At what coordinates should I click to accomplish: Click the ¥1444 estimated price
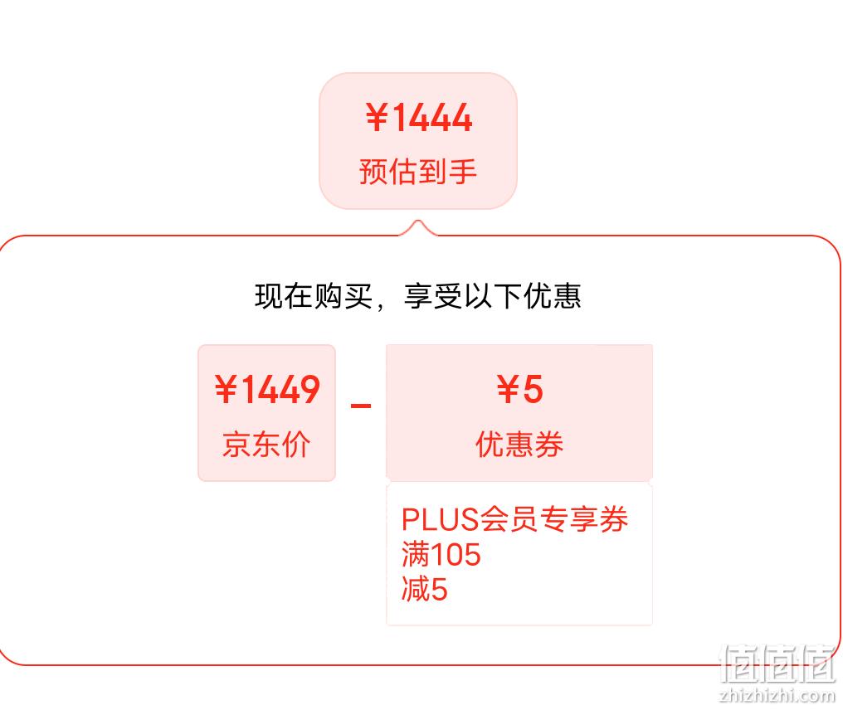pyautogui.click(x=419, y=118)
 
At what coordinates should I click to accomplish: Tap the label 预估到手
pyautogui.click(x=417, y=172)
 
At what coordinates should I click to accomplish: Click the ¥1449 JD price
pyautogui.click(x=266, y=389)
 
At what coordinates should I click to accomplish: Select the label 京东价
pyautogui.click(x=266, y=445)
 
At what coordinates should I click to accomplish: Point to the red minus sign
pyautogui.click(x=361, y=405)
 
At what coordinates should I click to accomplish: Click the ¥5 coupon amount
pyautogui.click(x=519, y=389)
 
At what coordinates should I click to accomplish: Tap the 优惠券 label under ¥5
pyautogui.click(x=519, y=445)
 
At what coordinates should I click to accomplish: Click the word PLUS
pyautogui.click(x=440, y=519)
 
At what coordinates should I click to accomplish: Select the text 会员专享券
pyautogui.click(x=553, y=519)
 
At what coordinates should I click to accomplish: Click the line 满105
pyautogui.click(x=441, y=554)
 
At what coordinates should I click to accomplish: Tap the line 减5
pyautogui.click(x=424, y=589)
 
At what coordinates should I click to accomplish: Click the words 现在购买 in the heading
pyautogui.click(x=314, y=296)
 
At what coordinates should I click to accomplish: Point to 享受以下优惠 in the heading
pyautogui.click(x=493, y=296)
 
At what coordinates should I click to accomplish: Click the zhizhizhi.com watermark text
pyautogui.click(x=777, y=695)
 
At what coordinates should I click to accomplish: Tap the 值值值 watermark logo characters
pyautogui.click(x=778, y=664)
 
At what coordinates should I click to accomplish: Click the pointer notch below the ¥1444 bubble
pyautogui.click(x=418, y=227)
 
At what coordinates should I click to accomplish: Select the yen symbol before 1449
pyautogui.click(x=225, y=389)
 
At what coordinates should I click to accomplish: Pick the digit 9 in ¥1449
pyautogui.click(x=309, y=389)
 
